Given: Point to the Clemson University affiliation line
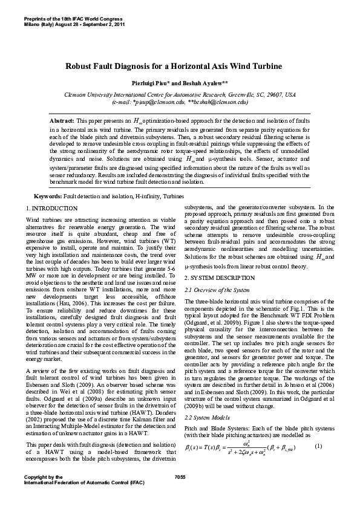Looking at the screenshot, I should [180, 95].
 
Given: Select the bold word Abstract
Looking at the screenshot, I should [62, 121].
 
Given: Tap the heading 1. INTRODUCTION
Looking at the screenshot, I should [53, 208].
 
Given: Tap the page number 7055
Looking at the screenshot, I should [179, 494].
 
